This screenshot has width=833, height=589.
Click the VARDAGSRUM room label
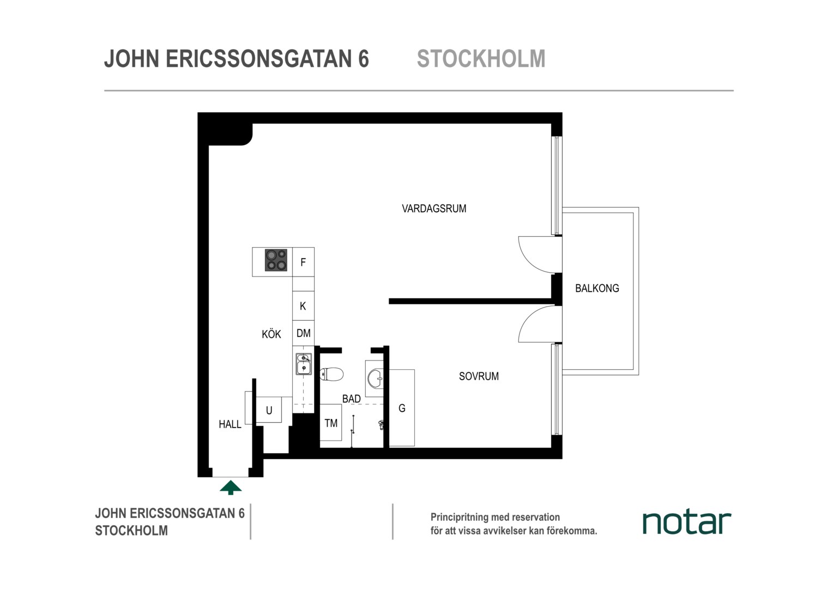[x=434, y=208]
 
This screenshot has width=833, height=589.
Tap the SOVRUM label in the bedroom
[x=479, y=376]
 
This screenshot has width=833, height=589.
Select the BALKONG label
[x=597, y=288]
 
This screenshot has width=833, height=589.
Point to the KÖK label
[x=271, y=334]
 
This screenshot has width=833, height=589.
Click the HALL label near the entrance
[x=230, y=424]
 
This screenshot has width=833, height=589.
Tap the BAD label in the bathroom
[x=352, y=399]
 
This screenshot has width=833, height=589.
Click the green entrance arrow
[x=231, y=488]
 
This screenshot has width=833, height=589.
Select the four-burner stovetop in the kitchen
[x=276, y=260]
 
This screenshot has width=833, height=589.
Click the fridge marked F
[x=303, y=262]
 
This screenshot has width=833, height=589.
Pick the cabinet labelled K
[x=303, y=306]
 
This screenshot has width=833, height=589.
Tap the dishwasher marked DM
[x=303, y=333]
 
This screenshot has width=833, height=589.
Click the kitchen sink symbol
[x=304, y=364]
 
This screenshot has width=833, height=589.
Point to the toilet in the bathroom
[x=331, y=374]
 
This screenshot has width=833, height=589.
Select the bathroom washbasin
[x=375, y=378]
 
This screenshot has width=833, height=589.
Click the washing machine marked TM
[x=330, y=423]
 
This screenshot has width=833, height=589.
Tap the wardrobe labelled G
[x=402, y=408]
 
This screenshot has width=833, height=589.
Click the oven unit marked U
[x=269, y=410]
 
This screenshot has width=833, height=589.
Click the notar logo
[x=686, y=523]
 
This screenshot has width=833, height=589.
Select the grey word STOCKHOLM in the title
[x=481, y=58]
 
